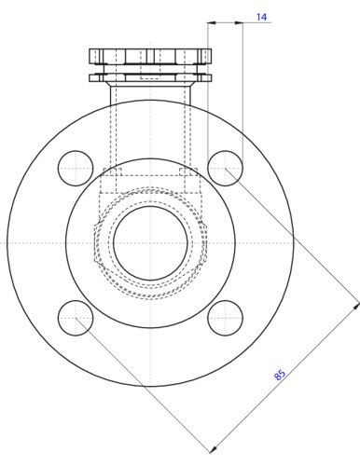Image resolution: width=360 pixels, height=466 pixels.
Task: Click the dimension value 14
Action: [x=261, y=17]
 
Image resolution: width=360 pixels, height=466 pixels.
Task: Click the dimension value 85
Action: [x=280, y=375]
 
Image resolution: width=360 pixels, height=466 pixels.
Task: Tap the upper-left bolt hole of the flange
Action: [x=76, y=168]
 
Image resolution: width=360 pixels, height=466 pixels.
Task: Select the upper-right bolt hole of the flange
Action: [x=226, y=168]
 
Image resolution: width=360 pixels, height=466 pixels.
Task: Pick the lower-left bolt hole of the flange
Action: [x=76, y=319]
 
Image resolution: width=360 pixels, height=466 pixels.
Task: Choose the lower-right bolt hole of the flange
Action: [x=226, y=319]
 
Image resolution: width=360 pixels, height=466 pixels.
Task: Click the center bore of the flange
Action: [x=150, y=243]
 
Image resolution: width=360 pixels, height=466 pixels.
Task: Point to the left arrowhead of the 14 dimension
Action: [x=212, y=23]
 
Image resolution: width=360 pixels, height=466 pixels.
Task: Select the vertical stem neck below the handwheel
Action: [x=150, y=103]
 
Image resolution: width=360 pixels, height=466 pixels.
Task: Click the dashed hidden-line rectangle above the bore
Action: [x=150, y=172]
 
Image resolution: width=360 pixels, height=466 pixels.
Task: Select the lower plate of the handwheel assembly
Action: [x=150, y=77]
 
